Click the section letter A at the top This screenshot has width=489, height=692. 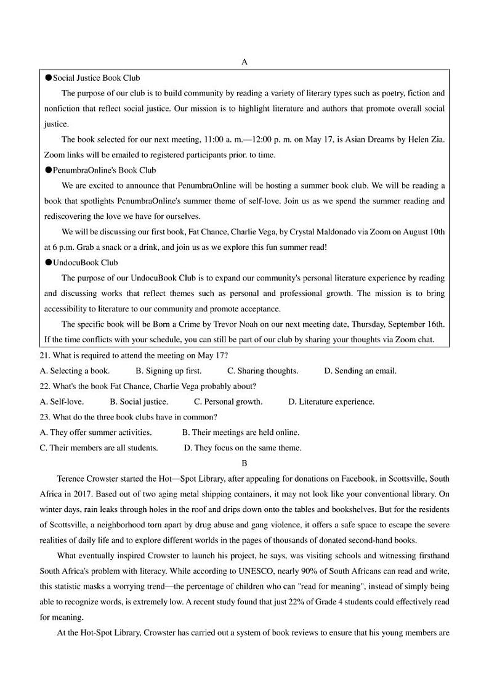[x=244, y=62]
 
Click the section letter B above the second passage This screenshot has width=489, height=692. [x=244, y=463]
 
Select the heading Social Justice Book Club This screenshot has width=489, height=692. [x=96, y=78]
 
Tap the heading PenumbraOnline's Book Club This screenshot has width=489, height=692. [x=104, y=170]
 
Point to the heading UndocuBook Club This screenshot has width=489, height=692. [x=85, y=263]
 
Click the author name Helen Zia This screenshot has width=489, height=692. [x=424, y=139]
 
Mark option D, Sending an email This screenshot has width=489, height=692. [x=360, y=371]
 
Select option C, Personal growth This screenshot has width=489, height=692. [x=228, y=402]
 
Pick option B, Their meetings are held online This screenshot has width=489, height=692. [x=241, y=432]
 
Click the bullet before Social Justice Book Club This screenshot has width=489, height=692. [x=48, y=78]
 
